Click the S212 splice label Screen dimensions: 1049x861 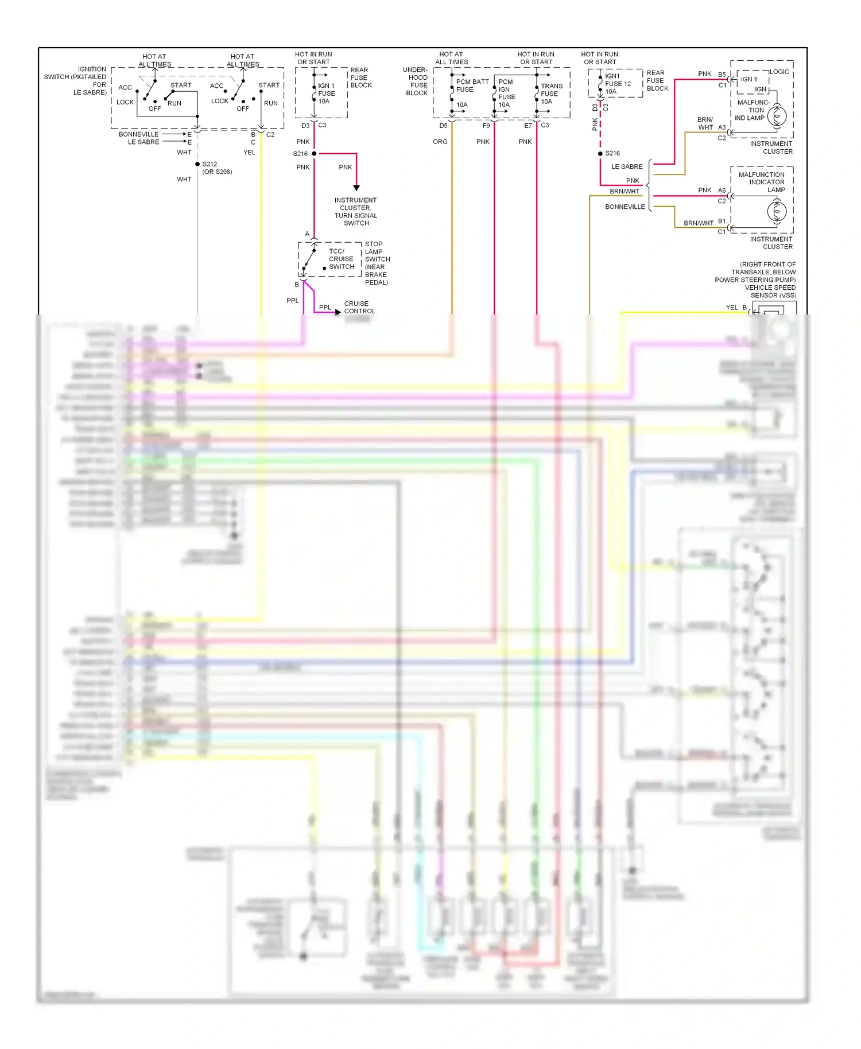point(210,164)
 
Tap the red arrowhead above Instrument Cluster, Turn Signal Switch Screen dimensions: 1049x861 point(356,188)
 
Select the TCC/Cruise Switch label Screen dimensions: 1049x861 point(342,259)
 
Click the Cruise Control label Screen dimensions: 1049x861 point(359,308)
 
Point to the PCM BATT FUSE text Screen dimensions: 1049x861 point(472,86)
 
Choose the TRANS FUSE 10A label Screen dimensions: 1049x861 point(551,94)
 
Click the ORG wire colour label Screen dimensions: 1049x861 point(440,142)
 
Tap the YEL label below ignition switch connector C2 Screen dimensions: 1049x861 point(249,153)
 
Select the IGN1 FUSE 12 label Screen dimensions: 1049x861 point(618,84)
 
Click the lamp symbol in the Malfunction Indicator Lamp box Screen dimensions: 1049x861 point(777,211)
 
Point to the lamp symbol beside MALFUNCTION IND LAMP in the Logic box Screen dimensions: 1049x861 point(777,116)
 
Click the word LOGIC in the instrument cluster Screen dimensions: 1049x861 point(779,72)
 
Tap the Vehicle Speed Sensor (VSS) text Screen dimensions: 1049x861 point(770,292)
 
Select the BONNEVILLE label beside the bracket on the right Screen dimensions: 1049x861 point(625,207)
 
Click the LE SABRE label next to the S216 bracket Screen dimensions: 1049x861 point(627,167)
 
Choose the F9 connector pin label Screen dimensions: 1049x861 point(486,126)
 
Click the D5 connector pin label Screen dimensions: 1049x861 point(443,126)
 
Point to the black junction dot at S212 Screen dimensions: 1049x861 point(197,164)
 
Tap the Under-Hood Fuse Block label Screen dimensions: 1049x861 point(417,81)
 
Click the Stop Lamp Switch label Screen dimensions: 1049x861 point(377,263)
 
